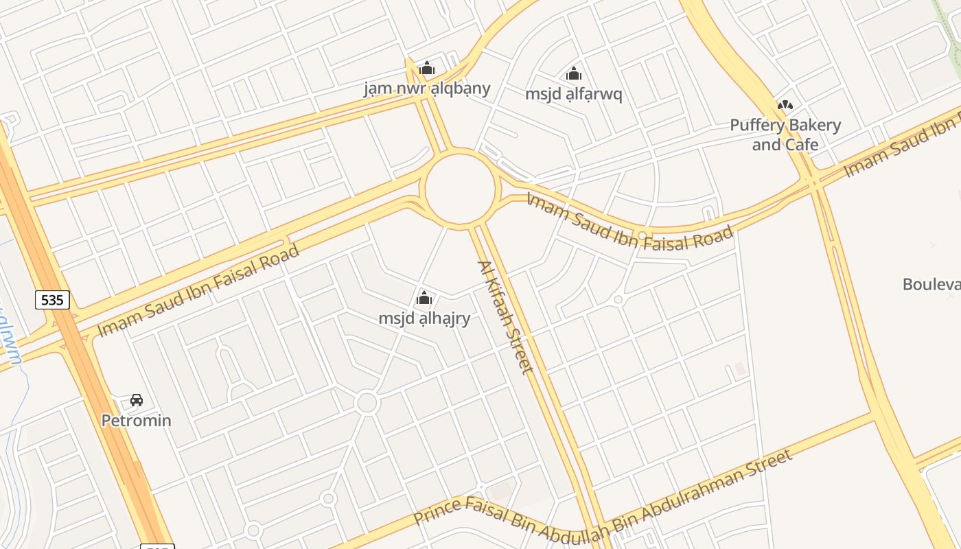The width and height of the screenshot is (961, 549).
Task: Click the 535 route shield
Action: coord(52,300)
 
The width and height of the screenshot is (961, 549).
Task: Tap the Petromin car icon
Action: coord(137,400)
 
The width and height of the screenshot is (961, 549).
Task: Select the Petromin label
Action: coord(137,420)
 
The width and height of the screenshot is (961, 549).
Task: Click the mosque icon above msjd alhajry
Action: coord(424,298)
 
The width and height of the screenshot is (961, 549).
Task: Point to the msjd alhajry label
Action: coord(424,318)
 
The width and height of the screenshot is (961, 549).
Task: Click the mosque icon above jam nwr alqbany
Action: coord(427,68)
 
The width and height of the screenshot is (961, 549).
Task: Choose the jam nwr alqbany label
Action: coord(427,89)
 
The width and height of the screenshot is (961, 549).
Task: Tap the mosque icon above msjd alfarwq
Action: coord(574,73)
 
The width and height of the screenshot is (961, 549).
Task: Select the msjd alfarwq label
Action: coord(574,94)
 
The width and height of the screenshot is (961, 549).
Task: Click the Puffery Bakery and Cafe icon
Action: coord(785,105)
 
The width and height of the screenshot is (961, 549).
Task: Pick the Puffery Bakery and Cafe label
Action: coord(785,135)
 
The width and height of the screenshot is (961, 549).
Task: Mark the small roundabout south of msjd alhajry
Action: coord(367,403)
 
